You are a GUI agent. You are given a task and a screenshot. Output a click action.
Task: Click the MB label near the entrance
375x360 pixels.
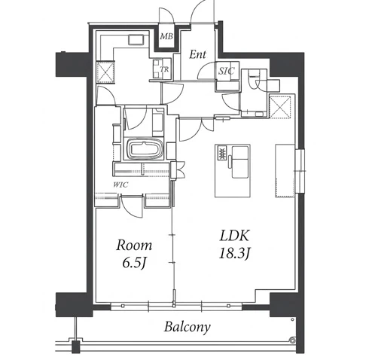(x=166, y=37)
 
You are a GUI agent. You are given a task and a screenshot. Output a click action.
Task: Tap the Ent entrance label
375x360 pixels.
(x=197, y=54)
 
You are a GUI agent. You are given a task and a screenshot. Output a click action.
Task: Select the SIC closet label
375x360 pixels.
(x=227, y=71)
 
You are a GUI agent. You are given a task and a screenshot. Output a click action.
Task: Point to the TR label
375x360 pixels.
(x=165, y=69)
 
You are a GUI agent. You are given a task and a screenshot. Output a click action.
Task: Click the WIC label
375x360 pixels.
(x=120, y=185)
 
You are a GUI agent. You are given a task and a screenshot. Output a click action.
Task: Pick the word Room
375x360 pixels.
(x=134, y=246)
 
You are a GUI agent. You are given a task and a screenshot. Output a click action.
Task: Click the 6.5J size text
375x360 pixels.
(x=134, y=263)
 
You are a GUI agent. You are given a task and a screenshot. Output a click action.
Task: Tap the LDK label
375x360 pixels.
(x=234, y=236)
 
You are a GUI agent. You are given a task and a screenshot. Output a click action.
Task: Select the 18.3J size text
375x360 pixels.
(x=234, y=254)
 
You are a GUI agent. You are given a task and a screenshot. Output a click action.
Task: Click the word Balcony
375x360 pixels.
(x=187, y=327)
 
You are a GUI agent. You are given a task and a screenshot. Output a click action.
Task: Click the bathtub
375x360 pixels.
(x=144, y=149)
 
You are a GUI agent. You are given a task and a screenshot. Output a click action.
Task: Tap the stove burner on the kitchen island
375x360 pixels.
(x=221, y=152)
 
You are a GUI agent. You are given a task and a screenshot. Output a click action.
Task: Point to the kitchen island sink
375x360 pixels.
(x=239, y=162)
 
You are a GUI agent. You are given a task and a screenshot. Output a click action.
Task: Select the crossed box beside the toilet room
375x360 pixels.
(x=280, y=106)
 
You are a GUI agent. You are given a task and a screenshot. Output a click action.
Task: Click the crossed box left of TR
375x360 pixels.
(x=105, y=72)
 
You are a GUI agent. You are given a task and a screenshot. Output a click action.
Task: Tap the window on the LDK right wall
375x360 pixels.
(x=300, y=171)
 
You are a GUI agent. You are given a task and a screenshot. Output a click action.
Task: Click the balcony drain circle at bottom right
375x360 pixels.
(x=292, y=340)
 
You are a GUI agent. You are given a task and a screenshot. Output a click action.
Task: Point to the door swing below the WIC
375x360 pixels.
(x=131, y=206)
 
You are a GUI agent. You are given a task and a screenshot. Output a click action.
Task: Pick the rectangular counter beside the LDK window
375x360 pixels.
(x=285, y=170)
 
